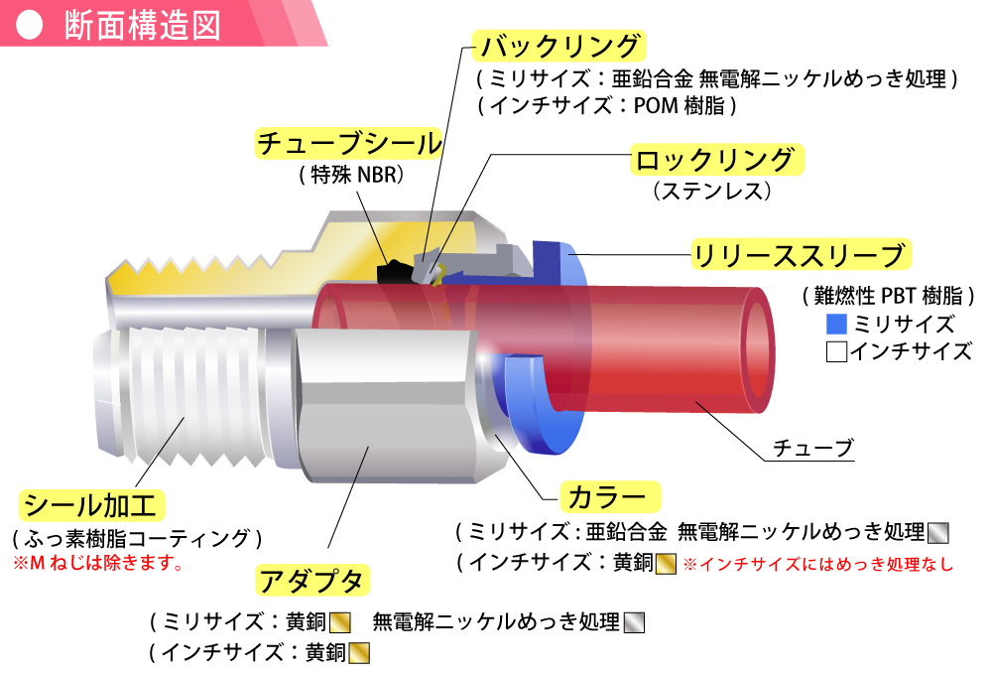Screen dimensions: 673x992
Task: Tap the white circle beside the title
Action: point(32,27)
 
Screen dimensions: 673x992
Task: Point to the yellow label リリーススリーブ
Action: point(800,255)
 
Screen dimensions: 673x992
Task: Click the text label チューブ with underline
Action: point(818,449)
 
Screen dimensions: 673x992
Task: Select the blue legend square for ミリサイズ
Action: point(835,324)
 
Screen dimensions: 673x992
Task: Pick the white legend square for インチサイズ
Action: point(835,350)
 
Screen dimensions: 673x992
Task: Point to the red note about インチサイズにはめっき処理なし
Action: point(818,565)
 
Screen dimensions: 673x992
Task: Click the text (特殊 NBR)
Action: point(354,175)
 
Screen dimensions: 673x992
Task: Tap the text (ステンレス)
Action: point(711,190)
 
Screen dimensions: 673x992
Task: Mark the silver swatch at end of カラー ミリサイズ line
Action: point(937,532)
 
